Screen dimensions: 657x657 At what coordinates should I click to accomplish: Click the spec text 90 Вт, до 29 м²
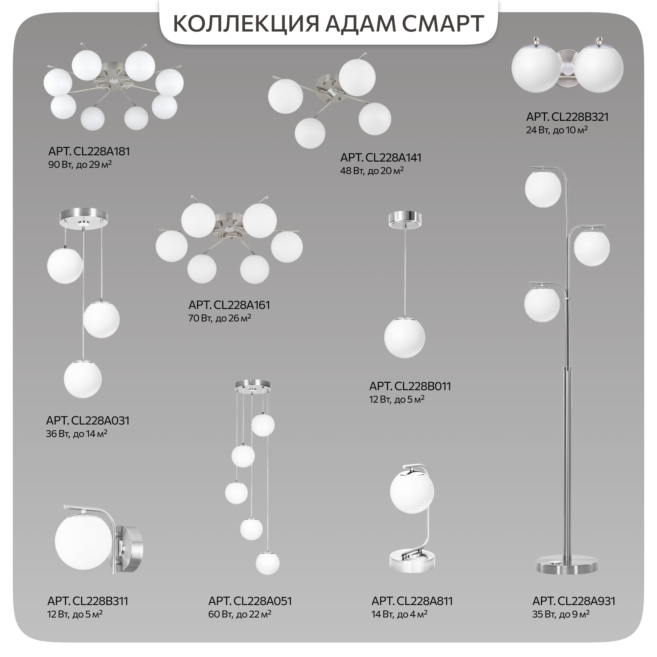80,165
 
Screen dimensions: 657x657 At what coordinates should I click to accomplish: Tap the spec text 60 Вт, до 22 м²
240,615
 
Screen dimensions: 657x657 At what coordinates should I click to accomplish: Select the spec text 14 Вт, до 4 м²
399,615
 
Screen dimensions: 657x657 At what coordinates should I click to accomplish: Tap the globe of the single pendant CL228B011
404,338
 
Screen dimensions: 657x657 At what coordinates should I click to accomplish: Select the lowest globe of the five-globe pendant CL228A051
268,563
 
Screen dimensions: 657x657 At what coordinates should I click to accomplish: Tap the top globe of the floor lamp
543,189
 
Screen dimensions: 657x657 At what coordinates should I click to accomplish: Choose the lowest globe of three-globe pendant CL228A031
83,379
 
